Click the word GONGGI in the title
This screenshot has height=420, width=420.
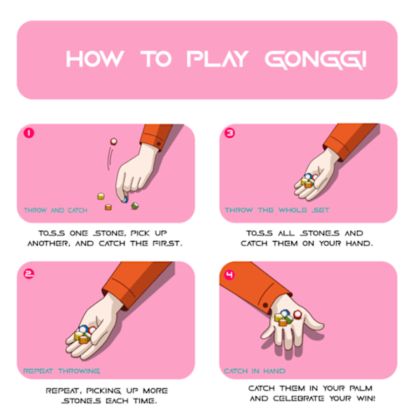(x=316, y=59)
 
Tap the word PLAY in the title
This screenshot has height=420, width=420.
(x=218, y=59)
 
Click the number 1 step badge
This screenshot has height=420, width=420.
(x=29, y=133)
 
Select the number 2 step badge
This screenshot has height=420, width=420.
(x=29, y=274)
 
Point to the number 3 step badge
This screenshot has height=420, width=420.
(x=230, y=133)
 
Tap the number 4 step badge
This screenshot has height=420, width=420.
(x=230, y=275)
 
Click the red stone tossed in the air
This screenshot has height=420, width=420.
(x=113, y=141)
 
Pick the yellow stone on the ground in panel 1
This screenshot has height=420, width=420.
(x=101, y=196)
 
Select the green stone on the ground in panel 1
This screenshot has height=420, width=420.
(x=134, y=206)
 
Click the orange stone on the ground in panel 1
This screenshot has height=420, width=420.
(x=108, y=207)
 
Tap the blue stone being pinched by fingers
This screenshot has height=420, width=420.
(x=125, y=199)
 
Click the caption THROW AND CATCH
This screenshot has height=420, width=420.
(x=56, y=210)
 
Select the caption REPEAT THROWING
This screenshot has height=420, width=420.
(x=62, y=371)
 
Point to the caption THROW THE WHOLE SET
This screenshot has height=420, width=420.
(x=277, y=210)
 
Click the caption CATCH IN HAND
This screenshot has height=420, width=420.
(x=255, y=371)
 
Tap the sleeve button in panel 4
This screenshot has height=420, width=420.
(x=265, y=305)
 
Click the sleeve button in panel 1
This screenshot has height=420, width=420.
(x=159, y=143)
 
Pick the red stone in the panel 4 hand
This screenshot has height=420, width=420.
(x=297, y=314)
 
